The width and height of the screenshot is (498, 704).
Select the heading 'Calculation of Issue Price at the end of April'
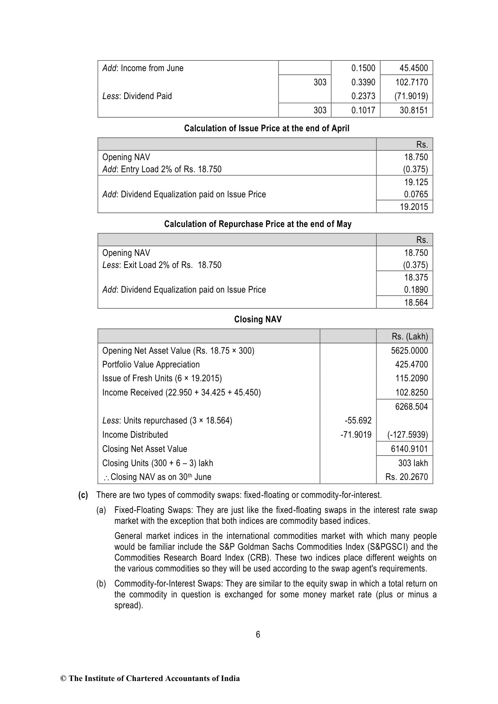(x=266, y=128)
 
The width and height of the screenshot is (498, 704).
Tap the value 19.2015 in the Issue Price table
(x=414, y=207)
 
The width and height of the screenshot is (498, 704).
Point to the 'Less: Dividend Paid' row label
(x=137, y=96)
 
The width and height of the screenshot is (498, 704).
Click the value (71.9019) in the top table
(x=411, y=96)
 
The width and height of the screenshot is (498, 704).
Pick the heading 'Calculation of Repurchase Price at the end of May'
(x=258, y=224)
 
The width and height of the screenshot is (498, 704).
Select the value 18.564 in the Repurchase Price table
(x=416, y=302)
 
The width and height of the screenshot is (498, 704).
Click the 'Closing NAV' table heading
(x=258, y=319)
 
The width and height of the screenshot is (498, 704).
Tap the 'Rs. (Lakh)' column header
(x=409, y=337)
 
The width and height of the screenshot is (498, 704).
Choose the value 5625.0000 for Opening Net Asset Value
(x=409, y=351)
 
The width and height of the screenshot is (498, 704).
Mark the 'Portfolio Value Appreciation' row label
(x=151, y=365)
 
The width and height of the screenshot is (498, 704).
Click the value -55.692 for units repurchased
(x=358, y=421)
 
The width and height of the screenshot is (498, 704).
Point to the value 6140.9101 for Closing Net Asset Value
(x=409, y=449)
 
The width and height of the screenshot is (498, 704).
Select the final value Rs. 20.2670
(x=406, y=477)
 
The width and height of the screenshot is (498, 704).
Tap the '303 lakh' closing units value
(x=413, y=463)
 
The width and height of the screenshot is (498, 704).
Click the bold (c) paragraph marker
(x=83, y=495)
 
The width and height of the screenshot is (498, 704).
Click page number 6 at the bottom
(x=258, y=635)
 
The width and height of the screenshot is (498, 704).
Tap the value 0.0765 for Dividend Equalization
(x=416, y=194)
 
